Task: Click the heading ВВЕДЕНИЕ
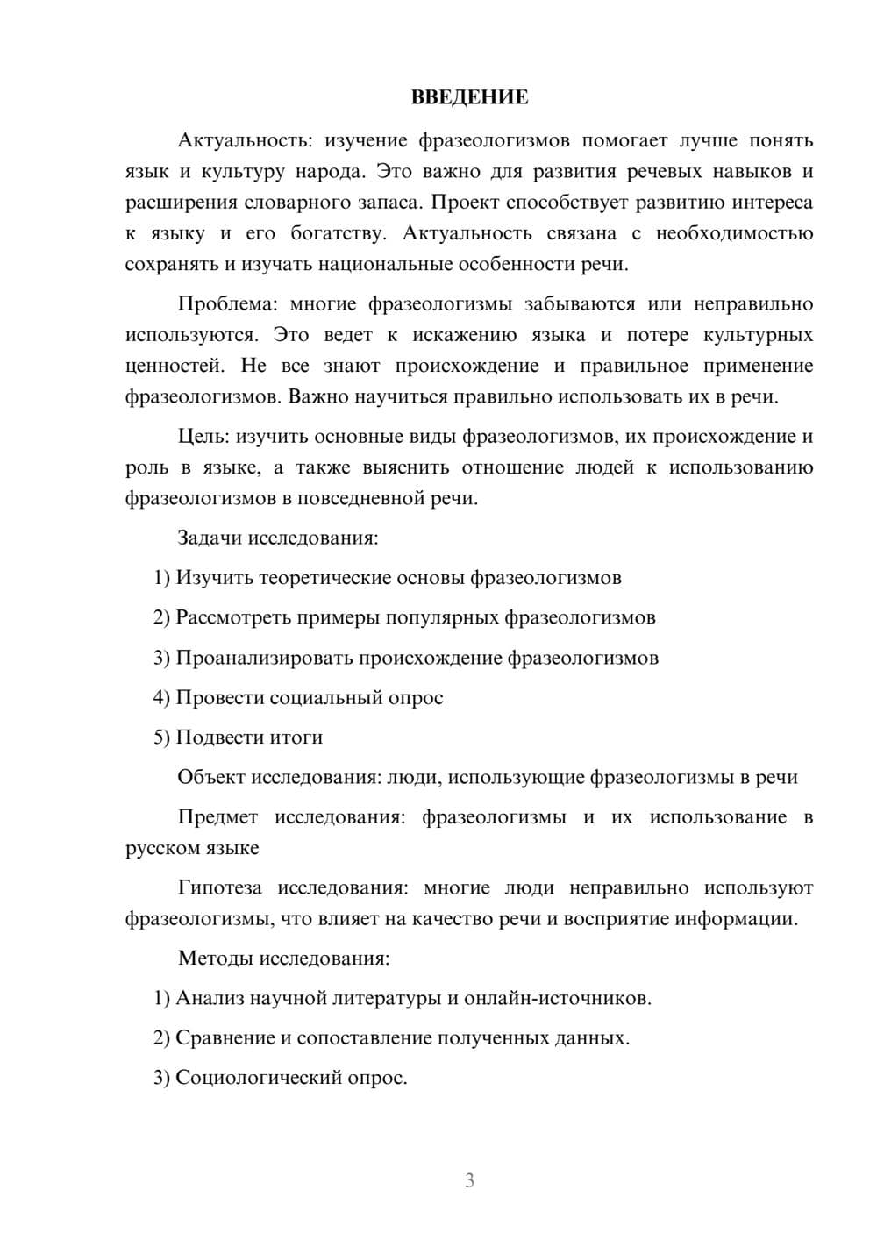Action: [x=469, y=97]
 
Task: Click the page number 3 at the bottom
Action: [x=469, y=1180]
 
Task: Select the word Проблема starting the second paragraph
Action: [x=226, y=304]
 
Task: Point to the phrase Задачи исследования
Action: [x=278, y=538]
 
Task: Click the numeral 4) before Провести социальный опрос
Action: [x=161, y=697]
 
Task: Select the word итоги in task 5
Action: [x=297, y=738]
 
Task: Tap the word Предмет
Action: [x=217, y=817]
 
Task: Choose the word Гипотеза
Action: [x=219, y=887]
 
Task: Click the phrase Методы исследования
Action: [x=283, y=958]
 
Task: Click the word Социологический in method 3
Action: [x=262, y=1078]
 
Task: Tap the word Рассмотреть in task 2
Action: [x=233, y=617]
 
